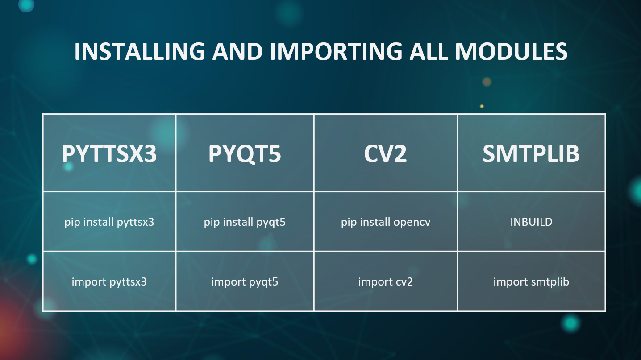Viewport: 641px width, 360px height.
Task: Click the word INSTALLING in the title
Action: point(140,51)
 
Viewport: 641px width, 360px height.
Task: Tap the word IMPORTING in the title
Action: point(336,51)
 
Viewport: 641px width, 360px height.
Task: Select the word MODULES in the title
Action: point(511,51)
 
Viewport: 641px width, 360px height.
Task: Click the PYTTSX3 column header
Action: point(109,153)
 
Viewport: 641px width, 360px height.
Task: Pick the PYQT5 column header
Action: point(245,154)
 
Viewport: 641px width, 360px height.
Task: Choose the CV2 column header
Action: point(385,153)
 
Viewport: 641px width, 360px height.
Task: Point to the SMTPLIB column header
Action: point(531,153)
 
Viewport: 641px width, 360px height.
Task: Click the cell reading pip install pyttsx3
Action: point(109,222)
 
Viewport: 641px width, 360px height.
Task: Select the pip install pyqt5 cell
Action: point(245,222)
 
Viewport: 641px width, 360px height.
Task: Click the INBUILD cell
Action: point(531,222)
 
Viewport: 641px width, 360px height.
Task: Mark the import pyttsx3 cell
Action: point(109,282)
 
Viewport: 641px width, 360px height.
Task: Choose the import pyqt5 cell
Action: point(245,282)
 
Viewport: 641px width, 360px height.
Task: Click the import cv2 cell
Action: point(386,282)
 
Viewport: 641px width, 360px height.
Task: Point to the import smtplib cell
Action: point(531,282)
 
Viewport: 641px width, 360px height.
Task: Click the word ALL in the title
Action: point(429,51)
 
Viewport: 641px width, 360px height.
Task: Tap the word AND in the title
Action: point(237,51)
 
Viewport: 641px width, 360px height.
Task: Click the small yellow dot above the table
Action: point(482,106)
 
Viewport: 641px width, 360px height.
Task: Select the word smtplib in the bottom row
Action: point(550,282)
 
